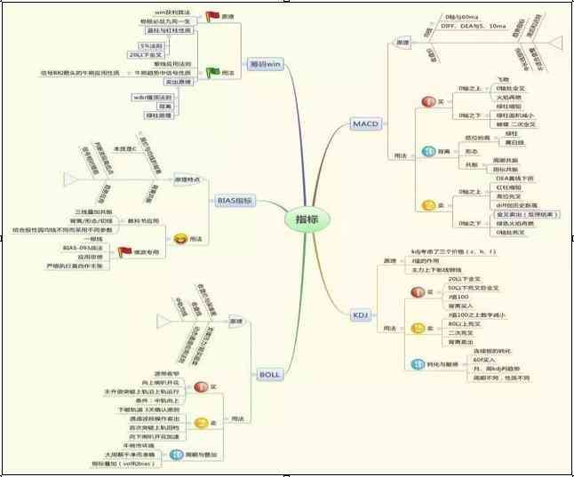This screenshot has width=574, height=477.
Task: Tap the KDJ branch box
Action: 360,314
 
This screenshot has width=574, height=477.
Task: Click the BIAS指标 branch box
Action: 235,201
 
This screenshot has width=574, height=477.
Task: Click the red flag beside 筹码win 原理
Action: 212,16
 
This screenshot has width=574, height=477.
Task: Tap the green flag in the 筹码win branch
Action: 212,71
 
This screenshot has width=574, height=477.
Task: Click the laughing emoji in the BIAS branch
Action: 180,239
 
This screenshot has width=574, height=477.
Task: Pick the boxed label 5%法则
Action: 150,44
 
